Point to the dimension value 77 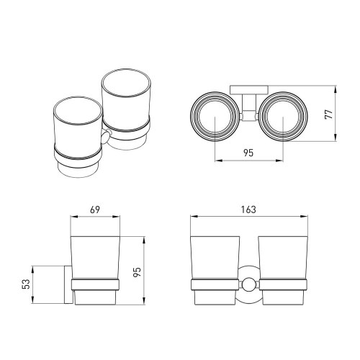(328, 115)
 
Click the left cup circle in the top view (215, 116)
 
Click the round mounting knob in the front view (248, 283)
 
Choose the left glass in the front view (213, 256)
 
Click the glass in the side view (96, 256)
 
